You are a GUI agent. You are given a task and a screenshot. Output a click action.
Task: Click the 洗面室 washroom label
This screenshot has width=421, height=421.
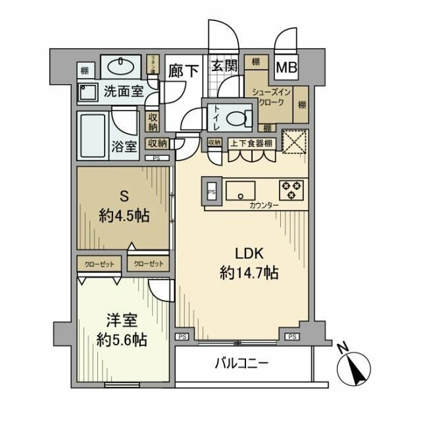click(x=123, y=92)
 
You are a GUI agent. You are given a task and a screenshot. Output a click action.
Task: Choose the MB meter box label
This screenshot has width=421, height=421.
click(x=285, y=67)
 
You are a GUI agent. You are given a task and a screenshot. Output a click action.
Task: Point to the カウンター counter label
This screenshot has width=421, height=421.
click(x=264, y=206)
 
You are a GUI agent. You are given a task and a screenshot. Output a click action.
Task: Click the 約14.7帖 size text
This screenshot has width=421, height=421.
click(x=248, y=273)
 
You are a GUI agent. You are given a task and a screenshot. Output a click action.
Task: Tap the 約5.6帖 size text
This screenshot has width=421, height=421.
click(x=118, y=340)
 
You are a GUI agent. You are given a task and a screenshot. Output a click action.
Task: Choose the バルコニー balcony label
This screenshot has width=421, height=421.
click(x=241, y=364)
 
